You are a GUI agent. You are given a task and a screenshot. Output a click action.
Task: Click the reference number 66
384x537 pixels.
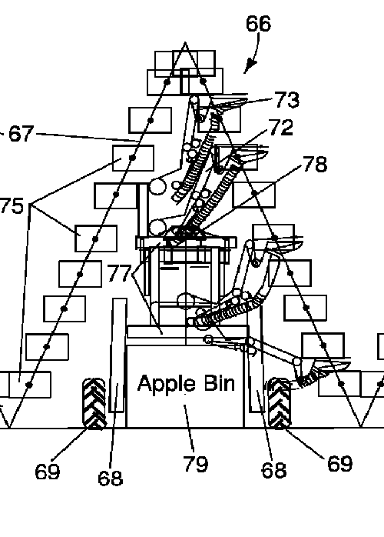point(258,24)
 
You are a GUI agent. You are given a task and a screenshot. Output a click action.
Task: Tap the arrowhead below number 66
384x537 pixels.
point(250,65)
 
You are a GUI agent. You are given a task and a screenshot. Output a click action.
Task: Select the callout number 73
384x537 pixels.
point(287,100)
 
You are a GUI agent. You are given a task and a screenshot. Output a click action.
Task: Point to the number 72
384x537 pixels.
point(281,128)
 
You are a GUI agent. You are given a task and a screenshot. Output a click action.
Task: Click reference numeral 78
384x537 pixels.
point(315,164)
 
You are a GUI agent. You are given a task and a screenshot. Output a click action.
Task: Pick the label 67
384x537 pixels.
point(22,133)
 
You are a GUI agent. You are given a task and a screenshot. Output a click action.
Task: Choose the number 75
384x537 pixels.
point(12,206)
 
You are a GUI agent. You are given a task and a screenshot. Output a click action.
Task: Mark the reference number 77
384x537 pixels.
point(119,273)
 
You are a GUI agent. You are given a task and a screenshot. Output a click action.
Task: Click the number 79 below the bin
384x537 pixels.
point(196,464)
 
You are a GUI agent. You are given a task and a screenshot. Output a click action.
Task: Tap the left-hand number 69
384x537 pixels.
point(47,472)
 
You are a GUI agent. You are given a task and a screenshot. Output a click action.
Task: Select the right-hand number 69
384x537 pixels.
point(339,463)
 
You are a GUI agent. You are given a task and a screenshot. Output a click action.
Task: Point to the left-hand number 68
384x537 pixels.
point(110,478)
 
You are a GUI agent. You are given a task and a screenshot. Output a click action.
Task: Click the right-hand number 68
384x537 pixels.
point(274,470)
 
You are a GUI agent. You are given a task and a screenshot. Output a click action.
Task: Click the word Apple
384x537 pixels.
point(162,384)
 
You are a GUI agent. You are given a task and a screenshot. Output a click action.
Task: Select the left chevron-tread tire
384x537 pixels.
point(94,403)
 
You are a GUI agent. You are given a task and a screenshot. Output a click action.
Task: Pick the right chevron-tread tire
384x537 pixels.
point(280,403)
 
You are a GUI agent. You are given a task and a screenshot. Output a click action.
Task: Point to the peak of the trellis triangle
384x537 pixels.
point(185,42)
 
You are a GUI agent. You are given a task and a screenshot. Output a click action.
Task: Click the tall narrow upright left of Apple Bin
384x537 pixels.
point(118,355)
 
